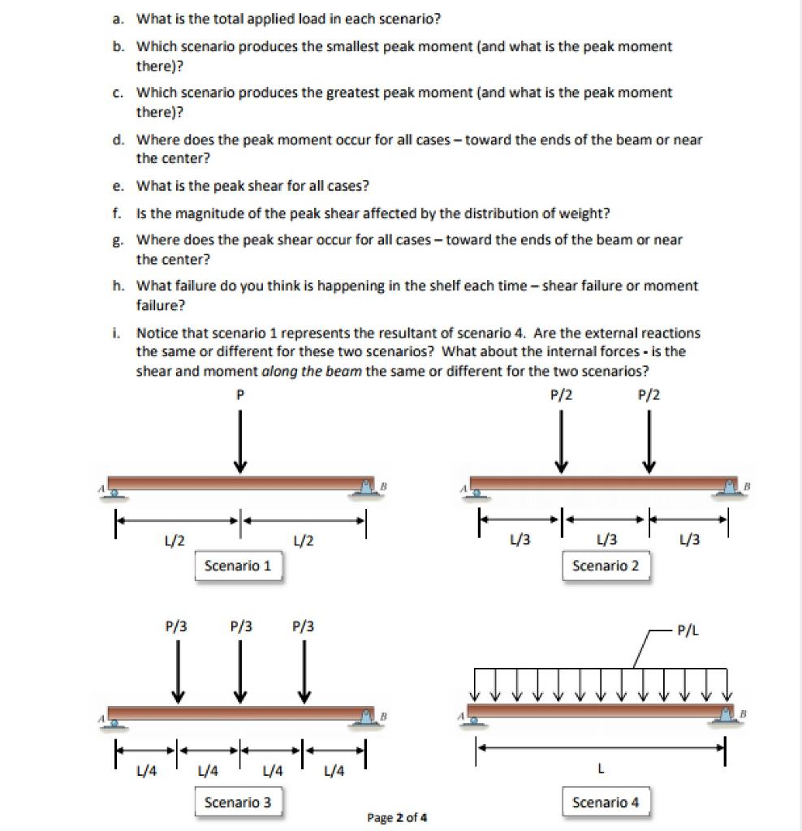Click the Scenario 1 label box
(x=238, y=566)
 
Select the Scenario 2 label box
(x=606, y=566)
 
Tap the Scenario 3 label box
(x=238, y=803)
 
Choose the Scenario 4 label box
(x=606, y=803)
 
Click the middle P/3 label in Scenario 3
(x=240, y=626)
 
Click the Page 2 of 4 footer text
(x=397, y=817)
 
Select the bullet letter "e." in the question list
(x=119, y=186)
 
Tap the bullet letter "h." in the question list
(x=119, y=286)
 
